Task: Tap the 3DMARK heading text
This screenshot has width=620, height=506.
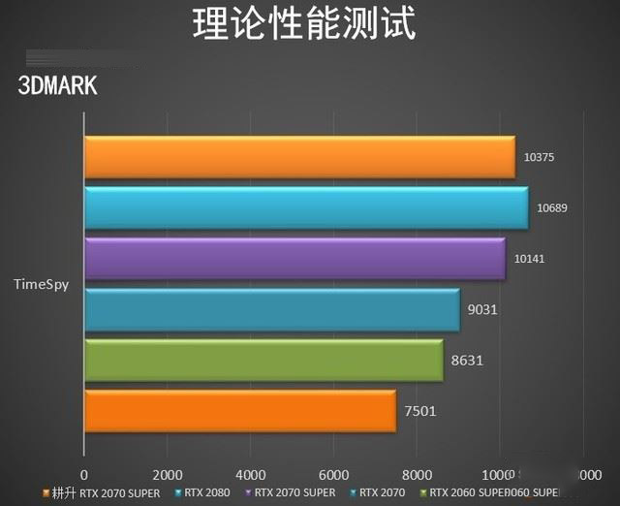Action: (x=57, y=86)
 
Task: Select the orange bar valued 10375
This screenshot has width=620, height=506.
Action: (x=299, y=157)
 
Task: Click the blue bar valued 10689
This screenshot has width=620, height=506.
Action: (x=306, y=208)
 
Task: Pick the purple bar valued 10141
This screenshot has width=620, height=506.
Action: (x=294, y=259)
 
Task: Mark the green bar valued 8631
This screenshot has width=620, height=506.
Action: (x=263, y=361)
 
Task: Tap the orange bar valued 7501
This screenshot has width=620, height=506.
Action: (x=240, y=411)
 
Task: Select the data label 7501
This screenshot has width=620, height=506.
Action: (x=419, y=411)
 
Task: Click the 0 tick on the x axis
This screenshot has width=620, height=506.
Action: (x=84, y=475)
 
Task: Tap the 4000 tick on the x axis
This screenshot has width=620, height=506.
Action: (x=251, y=475)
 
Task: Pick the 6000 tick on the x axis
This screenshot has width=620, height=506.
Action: (x=333, y=475)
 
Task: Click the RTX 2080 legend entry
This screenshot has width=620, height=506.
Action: (x=203, y=492)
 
